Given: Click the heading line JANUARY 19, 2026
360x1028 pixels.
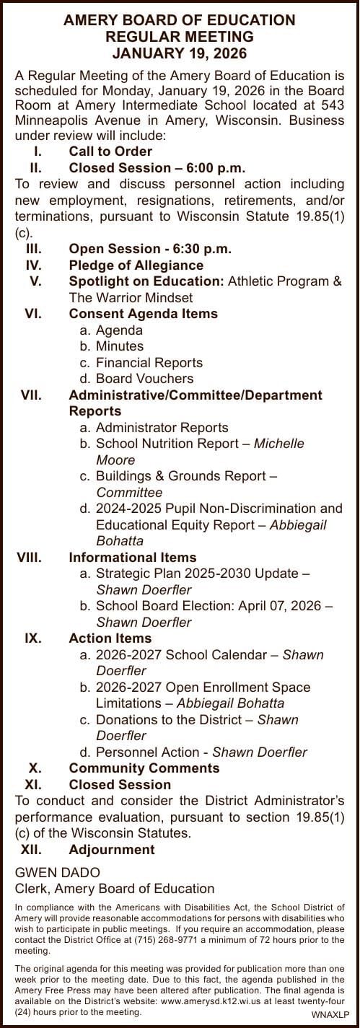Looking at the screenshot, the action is (180, 53).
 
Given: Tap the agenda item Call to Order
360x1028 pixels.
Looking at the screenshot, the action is (110, 151).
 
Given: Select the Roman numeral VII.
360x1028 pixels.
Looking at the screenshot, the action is (30, 395).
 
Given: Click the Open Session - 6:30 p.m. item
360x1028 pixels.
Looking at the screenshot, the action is (150, 249).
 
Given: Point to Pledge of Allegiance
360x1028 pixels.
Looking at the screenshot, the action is (136, 265).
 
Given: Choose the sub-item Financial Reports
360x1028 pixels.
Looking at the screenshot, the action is (149, 363).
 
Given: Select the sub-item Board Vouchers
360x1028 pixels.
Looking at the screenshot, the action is (144, 379).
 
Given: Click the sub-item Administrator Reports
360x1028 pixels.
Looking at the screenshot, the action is (162, 428).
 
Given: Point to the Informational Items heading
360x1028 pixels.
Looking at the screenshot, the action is (132, 558).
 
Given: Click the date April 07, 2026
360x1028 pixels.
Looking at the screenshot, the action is (279, 606).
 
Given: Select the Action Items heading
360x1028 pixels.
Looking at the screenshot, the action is (110, 638).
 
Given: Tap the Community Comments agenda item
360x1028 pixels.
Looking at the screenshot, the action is (144, 768).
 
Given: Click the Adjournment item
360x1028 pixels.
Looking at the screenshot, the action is (111, 849).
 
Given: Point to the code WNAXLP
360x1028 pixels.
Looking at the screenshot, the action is (328, 1014).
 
